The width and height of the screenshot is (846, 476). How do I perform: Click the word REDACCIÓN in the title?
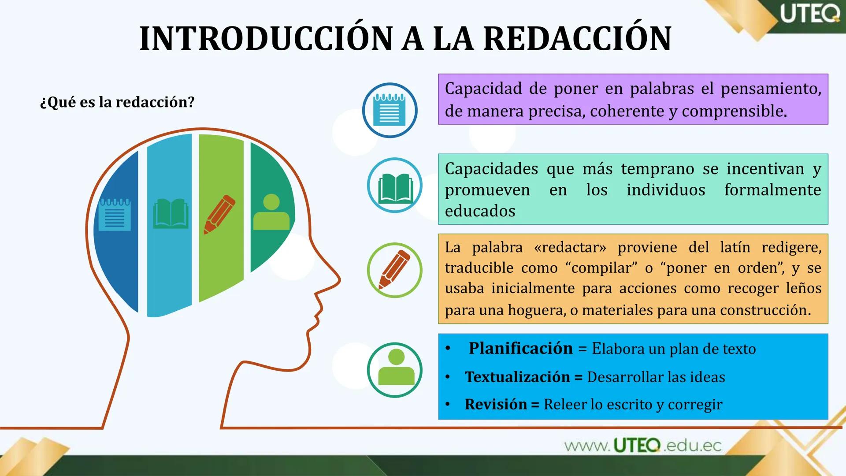tap(577, 39)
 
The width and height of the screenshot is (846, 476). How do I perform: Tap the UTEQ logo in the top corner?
tap(810, 14)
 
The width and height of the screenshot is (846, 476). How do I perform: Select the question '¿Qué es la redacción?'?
tap(117, 102)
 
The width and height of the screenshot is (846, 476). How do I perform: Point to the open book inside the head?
tap(171, 214)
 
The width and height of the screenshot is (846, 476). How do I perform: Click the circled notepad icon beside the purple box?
tap(390, 110)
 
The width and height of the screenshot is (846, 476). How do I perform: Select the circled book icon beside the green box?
tap(395, 186)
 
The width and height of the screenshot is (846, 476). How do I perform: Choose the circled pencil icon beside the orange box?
tap(395, 270)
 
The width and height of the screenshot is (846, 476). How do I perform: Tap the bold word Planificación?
tap(520, 348)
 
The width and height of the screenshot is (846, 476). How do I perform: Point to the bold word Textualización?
tap(517, 377)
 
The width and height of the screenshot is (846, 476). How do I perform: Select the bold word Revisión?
tap(495, 404)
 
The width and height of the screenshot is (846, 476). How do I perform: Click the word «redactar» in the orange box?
tap(570, 247)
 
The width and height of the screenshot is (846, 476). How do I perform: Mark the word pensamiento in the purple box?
tap(771, 89)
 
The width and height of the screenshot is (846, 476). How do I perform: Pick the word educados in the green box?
tap(480, 211)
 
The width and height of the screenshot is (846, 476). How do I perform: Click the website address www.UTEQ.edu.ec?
tap(642, 446)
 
